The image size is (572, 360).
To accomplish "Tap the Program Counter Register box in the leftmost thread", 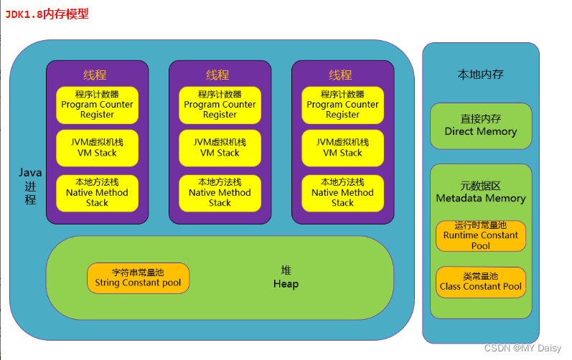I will click(97, 105).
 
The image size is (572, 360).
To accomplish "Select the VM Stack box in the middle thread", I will click(220, 148).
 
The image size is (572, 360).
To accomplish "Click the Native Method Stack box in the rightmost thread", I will click(342, 193).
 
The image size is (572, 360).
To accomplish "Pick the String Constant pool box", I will click(138, 278).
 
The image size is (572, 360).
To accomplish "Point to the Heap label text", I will click(286, 278).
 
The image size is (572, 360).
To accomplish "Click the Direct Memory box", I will click(480, 126).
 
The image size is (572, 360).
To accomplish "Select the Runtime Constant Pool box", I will click(480, 235).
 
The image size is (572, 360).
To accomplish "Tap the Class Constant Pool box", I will click(480, 282).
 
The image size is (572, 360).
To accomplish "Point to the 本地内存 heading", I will click(480, 74).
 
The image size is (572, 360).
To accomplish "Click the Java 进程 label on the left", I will click(30, 186).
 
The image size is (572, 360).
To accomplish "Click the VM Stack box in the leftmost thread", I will click(97, 148).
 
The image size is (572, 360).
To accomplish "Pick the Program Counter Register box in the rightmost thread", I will click(342, 105).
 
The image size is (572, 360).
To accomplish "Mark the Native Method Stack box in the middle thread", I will click(220, 193).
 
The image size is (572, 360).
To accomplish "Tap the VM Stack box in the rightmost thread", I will click(342, 148).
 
